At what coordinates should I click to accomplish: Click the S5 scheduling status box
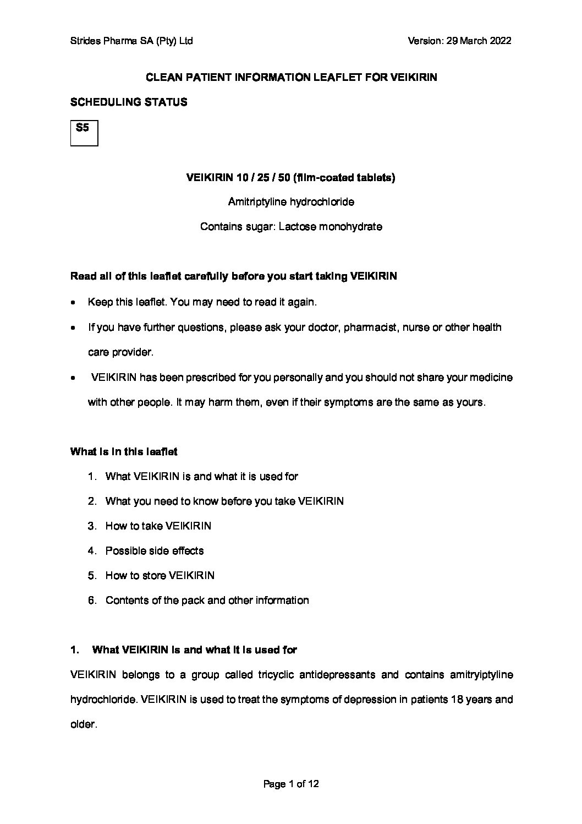tap(84, 133)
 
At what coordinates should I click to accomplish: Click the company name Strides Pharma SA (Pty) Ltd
tap(131, 41)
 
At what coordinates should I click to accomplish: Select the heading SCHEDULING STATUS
tap(129, 102)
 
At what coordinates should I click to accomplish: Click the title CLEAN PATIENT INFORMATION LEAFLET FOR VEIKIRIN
tap(291, 78)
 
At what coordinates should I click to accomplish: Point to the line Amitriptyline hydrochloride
tap(291, 202)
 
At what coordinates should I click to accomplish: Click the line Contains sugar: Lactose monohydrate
tap(291, 227)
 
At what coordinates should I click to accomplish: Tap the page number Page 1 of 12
tap(291, 784)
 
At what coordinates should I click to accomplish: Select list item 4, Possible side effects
tap(155, 551)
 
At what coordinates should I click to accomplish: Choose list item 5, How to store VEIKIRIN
tap(160, 576)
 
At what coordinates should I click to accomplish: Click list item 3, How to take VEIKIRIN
tap(158, 526)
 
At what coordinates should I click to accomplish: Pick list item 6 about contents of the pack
tap(207, 601)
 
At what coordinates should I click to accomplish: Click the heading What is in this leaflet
tap(124, 452)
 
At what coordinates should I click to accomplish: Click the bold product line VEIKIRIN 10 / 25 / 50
tap(291, 178)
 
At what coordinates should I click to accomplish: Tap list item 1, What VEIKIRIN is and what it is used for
tap(201, 477)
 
